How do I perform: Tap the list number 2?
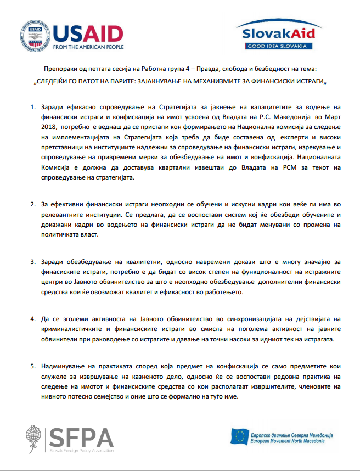[x=33, y=204]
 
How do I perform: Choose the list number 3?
[x=33, y=262]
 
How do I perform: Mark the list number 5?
[x=33, y=366]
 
